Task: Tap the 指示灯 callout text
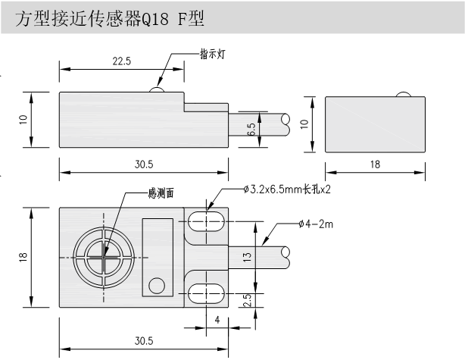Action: [x=212, y=55]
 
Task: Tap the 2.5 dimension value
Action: [x=248, y=300]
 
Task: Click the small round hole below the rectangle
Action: [x=157, y=285]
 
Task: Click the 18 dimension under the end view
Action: [x=373, y=164]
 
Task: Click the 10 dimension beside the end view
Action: [x=305, y=123]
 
